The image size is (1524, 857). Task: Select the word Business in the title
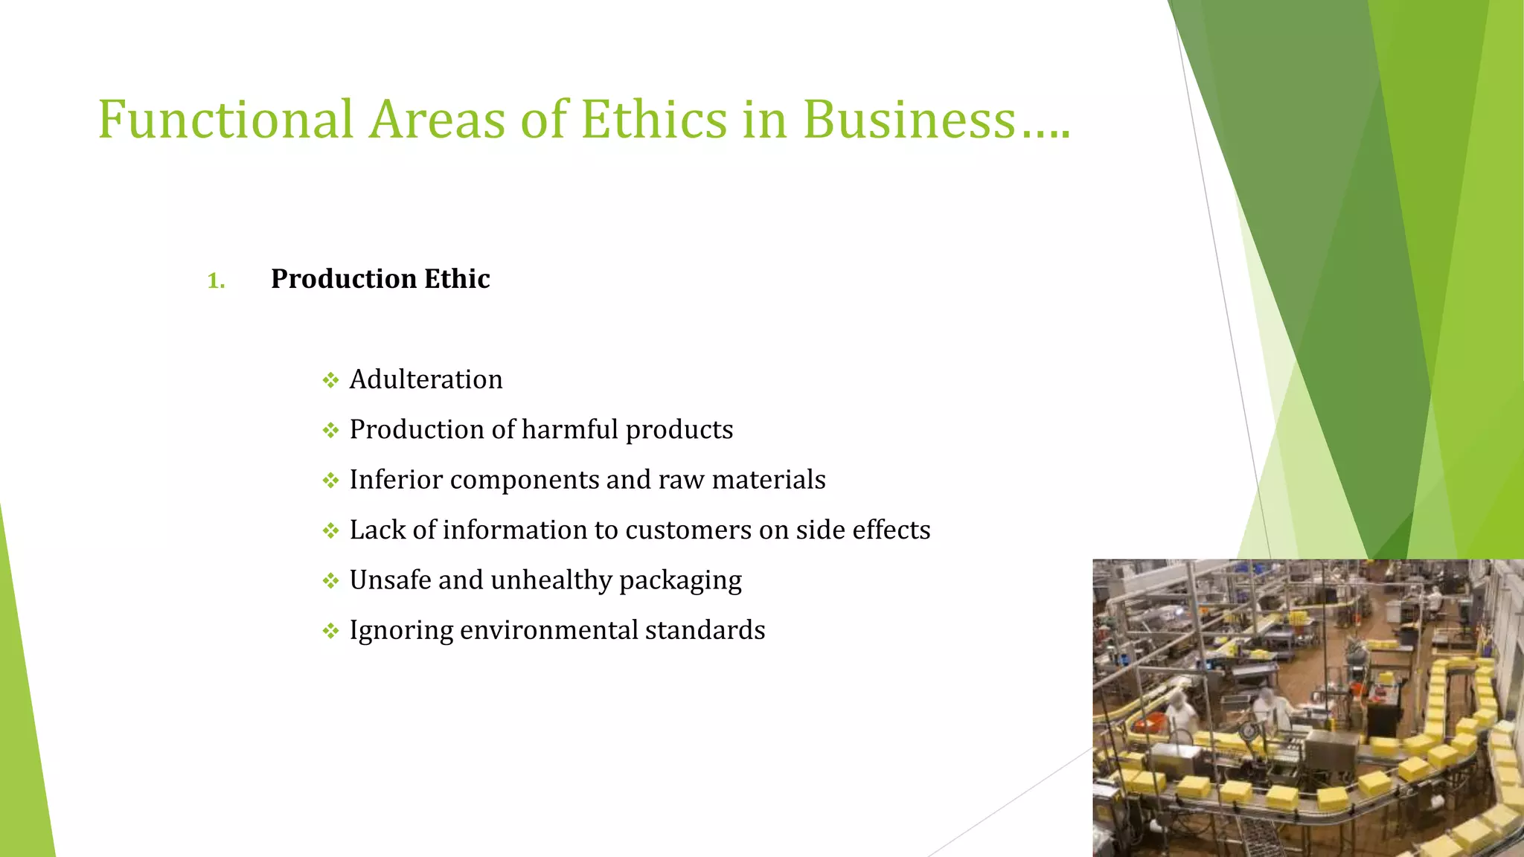909,120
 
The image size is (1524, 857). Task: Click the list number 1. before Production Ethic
216,280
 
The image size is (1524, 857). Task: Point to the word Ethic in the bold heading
457,279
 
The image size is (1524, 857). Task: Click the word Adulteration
426,379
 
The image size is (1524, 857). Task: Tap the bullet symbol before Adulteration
330,381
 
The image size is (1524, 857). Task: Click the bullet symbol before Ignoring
330,632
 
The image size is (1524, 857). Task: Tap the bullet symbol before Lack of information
330,531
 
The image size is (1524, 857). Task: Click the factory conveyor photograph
1307,707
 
